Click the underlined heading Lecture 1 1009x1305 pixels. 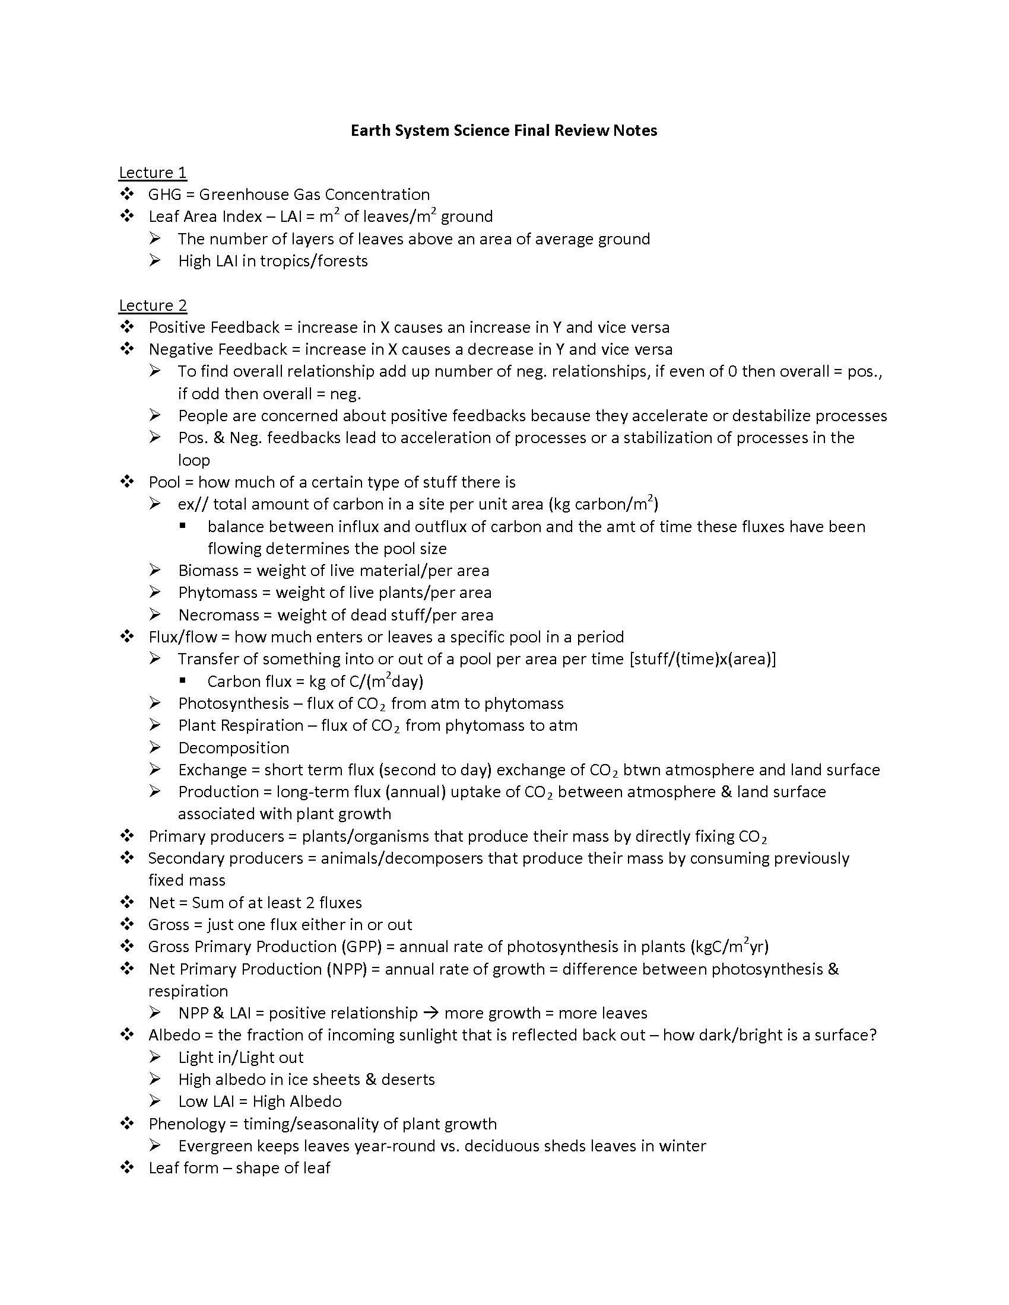tap(153, 173)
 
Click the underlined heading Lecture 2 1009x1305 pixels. tap(153, 305)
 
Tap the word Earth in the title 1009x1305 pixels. tap(369, 131)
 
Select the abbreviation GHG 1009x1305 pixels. tap(164, 195)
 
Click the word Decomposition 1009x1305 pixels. tap(233, 748)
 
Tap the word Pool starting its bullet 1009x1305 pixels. tap(164, 482)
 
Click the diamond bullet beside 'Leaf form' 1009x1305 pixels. tap(127, 1167)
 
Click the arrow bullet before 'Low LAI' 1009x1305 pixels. tap(156, 1102)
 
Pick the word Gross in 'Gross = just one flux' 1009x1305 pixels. tap(169, 925)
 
